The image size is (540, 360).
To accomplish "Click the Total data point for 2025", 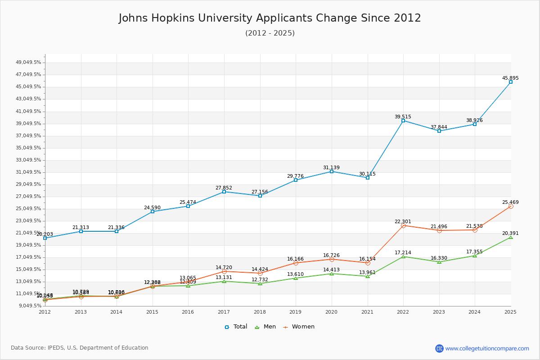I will (x=510, y=82).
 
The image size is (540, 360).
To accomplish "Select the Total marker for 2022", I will (x=403, y=121).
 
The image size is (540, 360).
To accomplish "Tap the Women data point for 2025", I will (x=510, y=206).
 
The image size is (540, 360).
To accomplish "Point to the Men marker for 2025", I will (x=510, y=237).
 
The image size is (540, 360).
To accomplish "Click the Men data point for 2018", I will (x=260, y=283).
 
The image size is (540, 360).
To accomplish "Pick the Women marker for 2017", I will (x=224, y=271).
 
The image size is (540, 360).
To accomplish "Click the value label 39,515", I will (x=403, y=117).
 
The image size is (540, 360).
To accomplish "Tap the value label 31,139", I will (x=331, y=167).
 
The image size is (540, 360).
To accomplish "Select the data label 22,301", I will (x=403, y=221).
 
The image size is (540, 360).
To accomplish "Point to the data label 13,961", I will (x=367, y=272).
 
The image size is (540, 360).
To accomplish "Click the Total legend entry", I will (x=236, y=327).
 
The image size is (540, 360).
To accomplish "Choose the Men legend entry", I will (x=266, y=327).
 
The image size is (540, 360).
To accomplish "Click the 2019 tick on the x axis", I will (x=296, y=312).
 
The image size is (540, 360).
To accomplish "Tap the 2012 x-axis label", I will (x=45, y=312).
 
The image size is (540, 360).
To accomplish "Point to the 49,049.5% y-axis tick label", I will (x=29, y=63).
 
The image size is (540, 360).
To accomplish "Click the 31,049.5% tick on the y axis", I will (x=29, y=172).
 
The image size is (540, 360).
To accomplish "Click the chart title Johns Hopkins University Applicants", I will (x=270, y=18).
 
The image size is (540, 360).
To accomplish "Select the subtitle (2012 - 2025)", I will (x=270, y=33).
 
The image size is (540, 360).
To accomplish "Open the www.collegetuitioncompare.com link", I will (x=487, y=348).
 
